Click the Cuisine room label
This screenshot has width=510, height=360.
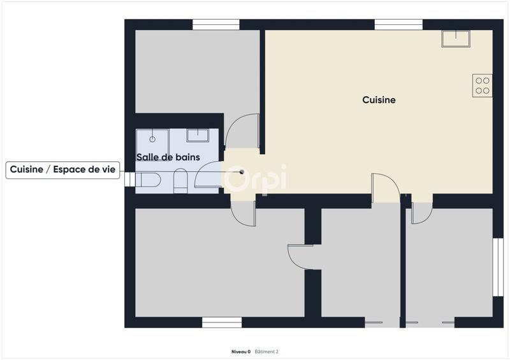[379, 100]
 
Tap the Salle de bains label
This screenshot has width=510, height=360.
[168, 157]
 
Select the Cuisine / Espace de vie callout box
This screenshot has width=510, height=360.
[63, 170]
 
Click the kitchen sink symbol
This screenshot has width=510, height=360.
[456, 39]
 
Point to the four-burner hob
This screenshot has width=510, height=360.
[483, 85]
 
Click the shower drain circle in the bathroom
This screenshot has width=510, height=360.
[152, 138]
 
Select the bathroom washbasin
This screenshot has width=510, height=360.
[198, 135]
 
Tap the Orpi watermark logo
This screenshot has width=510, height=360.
[255, 178]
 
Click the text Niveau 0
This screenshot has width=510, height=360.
[240, 352]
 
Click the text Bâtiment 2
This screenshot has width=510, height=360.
[266, 352]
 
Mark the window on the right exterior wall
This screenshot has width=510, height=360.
[498, 266]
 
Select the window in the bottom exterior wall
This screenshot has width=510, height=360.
[222, 322]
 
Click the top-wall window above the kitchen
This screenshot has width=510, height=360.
[398, 24]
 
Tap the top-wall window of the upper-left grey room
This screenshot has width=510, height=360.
[216, 24]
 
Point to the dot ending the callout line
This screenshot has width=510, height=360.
[242, 171]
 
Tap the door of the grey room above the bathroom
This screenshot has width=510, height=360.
[244, 131]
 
